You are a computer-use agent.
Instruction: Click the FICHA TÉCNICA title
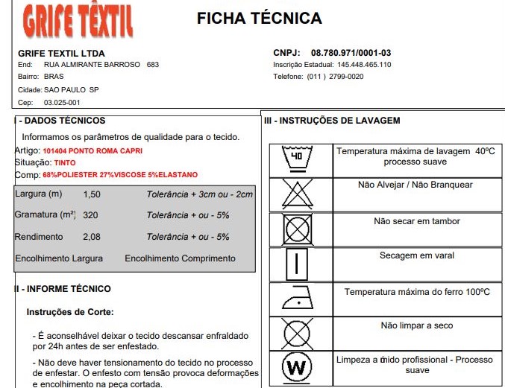(x=259, y=19)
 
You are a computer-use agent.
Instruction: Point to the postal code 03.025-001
(x=62, y=103)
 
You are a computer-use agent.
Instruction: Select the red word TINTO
(x=65, y=162)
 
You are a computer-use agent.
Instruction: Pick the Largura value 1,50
(x=92, y=194)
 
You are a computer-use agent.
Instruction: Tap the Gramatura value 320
(x=91, y=215)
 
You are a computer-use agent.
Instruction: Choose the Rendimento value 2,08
(x=92, y=237)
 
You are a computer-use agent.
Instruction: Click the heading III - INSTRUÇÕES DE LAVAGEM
(x=332, y=121)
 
